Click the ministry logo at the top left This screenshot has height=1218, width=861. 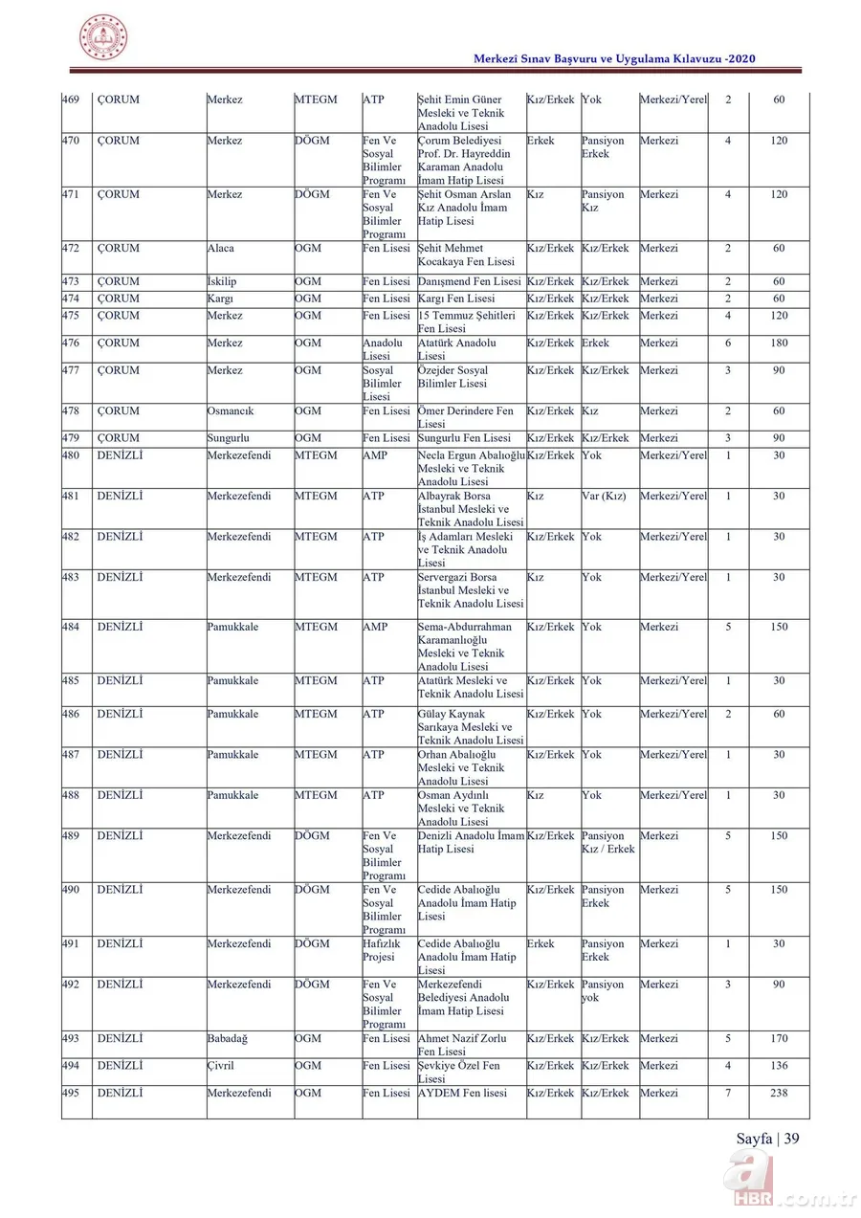[x=102, y=38]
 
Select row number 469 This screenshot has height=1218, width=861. [x=71, y=100]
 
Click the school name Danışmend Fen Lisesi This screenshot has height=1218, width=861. [x=470, y=282]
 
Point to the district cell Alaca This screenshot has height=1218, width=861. [x=222, y=249]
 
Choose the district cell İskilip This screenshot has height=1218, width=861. [x=225, y=282]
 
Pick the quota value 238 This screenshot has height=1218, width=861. [x=779, y=1093]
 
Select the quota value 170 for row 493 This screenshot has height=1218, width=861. [x=779, y=1039]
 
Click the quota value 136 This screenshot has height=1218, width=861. [x=779, y=1066]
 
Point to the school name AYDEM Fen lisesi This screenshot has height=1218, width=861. [x=462, y=1093]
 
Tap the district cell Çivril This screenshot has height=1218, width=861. [x=221, y=1066]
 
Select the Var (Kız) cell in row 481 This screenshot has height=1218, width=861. [x=604, y=496]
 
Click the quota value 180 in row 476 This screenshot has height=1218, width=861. [x=779, y=343]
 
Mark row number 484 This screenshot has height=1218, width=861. [x=71, y=628]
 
